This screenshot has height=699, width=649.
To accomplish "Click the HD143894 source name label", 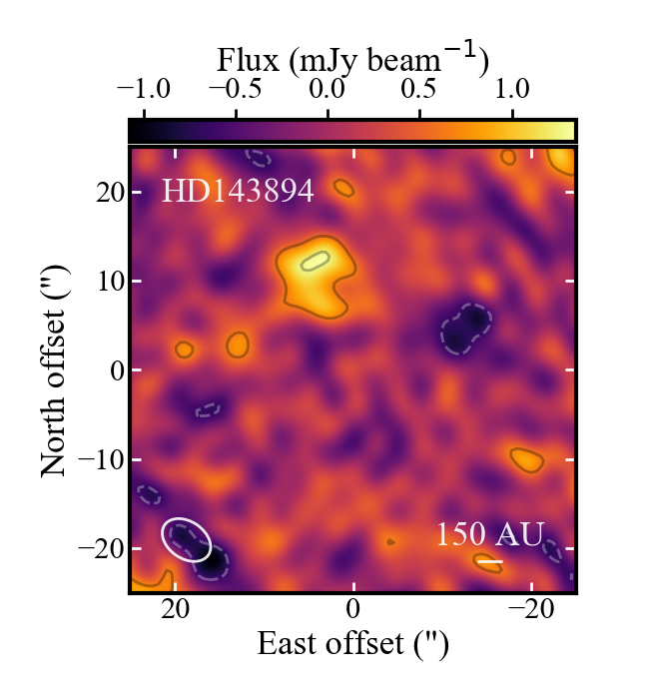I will pos(238,191).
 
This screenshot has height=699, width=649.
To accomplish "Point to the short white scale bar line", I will pos(489,562).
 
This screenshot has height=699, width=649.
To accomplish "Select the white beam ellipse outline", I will pos(187,539).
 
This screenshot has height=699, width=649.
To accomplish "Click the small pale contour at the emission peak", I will pos(316,261).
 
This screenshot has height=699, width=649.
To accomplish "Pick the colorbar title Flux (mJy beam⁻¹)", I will pos(352,62).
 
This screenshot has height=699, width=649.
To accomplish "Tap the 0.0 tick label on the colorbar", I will pos(327,90).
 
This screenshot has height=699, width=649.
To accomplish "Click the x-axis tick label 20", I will pos(176,612).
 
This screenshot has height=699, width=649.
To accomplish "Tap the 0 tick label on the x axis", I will pos(352,612).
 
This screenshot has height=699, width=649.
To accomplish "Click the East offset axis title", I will pos(352,644).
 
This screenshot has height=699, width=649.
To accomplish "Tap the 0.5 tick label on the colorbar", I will pos(420,90).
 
